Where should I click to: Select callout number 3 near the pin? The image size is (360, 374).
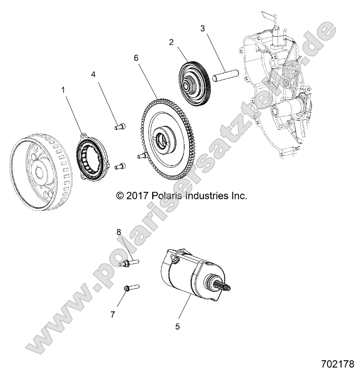tap(203, 28)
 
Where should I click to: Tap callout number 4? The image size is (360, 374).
tap(93, 74)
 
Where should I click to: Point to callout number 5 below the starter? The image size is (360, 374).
tap(178, 327)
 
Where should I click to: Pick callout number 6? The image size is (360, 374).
tap(136, 58)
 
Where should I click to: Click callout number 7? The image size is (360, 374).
tap(113, 314)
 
